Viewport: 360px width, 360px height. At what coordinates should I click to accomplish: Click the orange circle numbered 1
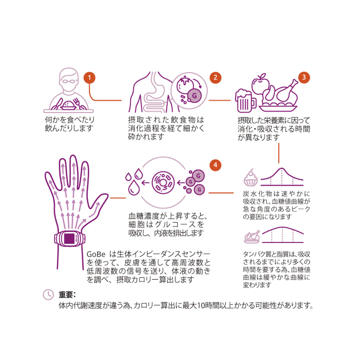pos(89,78)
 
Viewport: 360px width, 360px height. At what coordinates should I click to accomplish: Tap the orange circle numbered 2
pos(215,77)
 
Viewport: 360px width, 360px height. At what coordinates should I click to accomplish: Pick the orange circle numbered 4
pos(215,165)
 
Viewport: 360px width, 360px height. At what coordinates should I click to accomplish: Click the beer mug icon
pos(245,100)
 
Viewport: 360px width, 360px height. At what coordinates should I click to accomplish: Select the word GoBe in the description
pos(96,254)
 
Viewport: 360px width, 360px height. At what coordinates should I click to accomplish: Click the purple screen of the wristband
pos(69,238)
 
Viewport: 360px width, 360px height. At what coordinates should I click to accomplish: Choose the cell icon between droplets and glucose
pos(163,183)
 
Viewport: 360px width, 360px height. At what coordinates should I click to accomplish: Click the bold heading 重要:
pos(67,294)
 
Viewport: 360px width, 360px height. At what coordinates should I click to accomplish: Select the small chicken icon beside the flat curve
pos(252,237)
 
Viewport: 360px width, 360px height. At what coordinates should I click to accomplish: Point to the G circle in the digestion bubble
pos(194,96)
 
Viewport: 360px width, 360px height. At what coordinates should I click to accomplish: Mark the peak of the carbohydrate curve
pos(282,169)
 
